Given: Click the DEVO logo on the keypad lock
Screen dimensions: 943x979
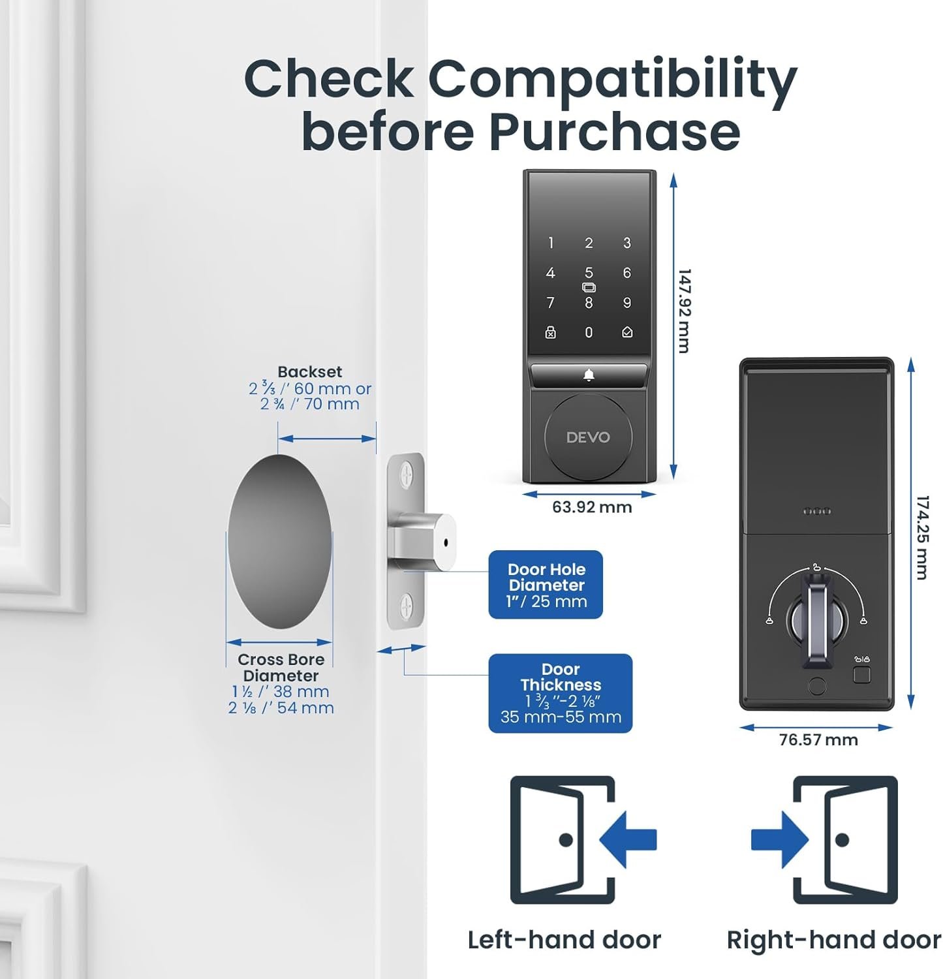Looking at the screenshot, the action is pos(588,437).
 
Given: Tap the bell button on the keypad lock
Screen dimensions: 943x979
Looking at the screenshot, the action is pos(589,375).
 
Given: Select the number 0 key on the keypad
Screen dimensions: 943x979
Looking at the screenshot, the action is pos(589,333).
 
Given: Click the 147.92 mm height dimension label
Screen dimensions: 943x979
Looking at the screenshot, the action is pos(683,311).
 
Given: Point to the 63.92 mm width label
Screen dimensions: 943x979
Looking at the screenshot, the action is pos(592,507).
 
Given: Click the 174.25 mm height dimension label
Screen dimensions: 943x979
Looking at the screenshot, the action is pos(921,537).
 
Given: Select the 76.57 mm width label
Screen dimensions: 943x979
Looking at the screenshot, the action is pos(818,739).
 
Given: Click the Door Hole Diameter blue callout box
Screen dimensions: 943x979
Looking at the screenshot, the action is pos(546,585).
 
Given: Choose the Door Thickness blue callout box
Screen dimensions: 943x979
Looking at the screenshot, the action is pos(561,693).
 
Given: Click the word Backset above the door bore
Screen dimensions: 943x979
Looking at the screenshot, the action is pos(309,371).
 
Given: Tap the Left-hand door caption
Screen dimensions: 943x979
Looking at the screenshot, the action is pos(564,940).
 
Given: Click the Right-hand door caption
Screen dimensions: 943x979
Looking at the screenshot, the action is pos(834,940).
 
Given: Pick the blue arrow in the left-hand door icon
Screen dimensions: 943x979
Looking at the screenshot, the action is pos(628,839).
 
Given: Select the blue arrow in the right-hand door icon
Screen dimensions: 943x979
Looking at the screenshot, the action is pos(780,839).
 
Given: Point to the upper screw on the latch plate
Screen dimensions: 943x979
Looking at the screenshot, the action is pos(407,474).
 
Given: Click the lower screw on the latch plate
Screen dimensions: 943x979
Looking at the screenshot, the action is pos(407,606).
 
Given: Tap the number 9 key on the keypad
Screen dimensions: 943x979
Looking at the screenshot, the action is pos(627,303).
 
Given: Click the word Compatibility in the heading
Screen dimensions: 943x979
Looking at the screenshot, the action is pos(612,80).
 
